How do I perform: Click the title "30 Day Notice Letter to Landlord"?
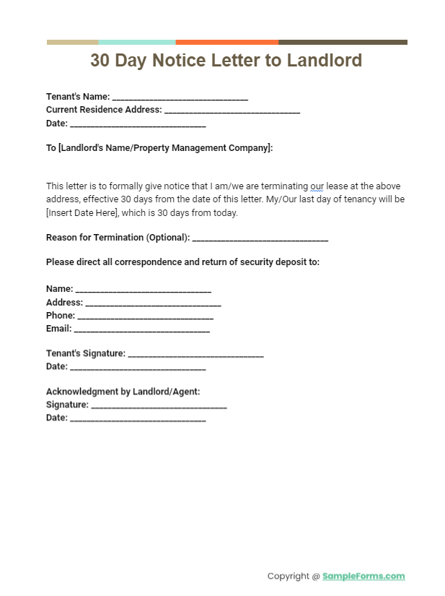pos(226,61)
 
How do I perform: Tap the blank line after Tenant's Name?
pos(180,98)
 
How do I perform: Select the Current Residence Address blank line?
pos(232,111)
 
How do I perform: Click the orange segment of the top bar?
pos(226,42)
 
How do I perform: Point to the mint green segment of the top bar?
pos(137,42)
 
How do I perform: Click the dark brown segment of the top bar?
pos(343,42)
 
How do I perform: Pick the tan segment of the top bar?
pos(72,42)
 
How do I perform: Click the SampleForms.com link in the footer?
pos(364,576)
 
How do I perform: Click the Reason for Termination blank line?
pos(260,239)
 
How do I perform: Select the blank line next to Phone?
pos(145,317)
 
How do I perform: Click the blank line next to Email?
pos(142,330)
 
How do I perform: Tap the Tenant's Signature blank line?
pos(195,355)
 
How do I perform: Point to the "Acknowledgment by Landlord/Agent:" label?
pos(123,392)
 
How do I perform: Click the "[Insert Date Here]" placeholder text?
pos(82,213)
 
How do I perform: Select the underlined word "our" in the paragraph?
pos(317,186)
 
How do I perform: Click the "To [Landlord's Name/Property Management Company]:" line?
pos(159,148)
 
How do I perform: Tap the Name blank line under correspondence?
pos(143,290)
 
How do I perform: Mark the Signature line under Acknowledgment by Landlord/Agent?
pos(159,406)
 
